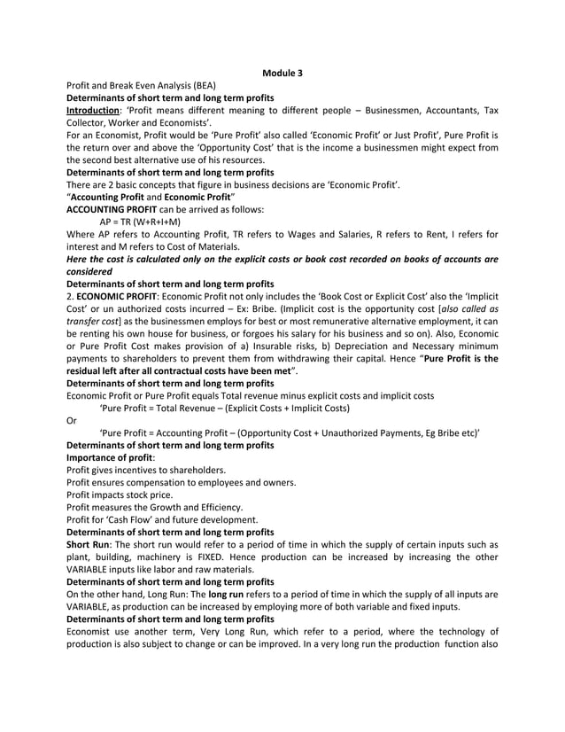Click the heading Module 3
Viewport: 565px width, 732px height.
coord(282,72)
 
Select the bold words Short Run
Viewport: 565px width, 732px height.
coord(89,544)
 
